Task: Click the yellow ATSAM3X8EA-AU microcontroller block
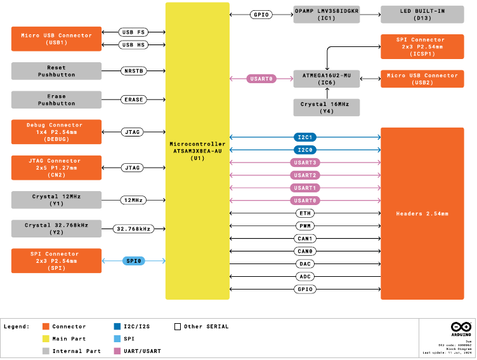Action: (197, 150)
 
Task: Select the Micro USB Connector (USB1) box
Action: (56, 39)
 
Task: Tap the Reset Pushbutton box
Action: (56, 71)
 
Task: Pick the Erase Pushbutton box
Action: (56, 100)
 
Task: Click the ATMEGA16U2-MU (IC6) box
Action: (327, 79)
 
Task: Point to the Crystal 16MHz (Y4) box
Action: (327, 107)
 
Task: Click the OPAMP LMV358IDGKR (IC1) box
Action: (327, 15)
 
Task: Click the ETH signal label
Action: (305, 213)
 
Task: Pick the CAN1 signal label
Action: (305, 239)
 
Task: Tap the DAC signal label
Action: (305, 263)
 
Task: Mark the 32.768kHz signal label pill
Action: (133, 229)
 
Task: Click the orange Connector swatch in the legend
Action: (46, 326)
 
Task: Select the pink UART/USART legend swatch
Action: (117, 351)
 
